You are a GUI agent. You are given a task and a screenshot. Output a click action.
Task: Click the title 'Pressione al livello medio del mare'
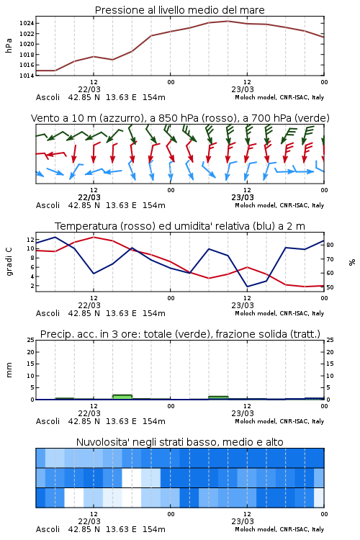point(179,10)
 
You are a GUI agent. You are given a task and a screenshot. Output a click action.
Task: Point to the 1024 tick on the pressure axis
point(27,24)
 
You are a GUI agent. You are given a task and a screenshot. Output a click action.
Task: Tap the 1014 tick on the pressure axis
point(27,76)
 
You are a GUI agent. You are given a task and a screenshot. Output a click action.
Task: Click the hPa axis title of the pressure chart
point(9,46)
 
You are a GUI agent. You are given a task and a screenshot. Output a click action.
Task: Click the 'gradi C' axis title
point(9,261)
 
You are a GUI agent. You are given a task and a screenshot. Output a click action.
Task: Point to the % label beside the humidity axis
point(352,262)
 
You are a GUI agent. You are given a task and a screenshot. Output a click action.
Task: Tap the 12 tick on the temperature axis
point(30,239)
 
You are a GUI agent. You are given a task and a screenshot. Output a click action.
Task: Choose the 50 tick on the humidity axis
point(330,287)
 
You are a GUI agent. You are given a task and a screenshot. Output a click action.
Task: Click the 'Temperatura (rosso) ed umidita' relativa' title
point(152,226)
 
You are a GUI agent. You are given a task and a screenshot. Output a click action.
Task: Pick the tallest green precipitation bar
point(122,397)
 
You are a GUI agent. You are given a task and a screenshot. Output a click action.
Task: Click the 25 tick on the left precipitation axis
point(31,340)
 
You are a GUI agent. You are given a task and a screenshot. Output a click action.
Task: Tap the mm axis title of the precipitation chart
point(9,370)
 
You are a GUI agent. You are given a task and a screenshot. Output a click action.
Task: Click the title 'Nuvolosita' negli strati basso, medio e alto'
point(179,442)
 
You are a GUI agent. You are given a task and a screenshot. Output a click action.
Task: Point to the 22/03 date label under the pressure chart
point(89,89)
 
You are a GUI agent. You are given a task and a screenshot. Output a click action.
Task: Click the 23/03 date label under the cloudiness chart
point(243,521)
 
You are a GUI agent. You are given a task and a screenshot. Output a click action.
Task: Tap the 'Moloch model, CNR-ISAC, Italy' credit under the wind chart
point(279,205)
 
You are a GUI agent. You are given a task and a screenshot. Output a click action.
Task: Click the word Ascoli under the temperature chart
point(48,313)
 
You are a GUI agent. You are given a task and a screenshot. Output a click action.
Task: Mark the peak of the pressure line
point(228,21)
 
